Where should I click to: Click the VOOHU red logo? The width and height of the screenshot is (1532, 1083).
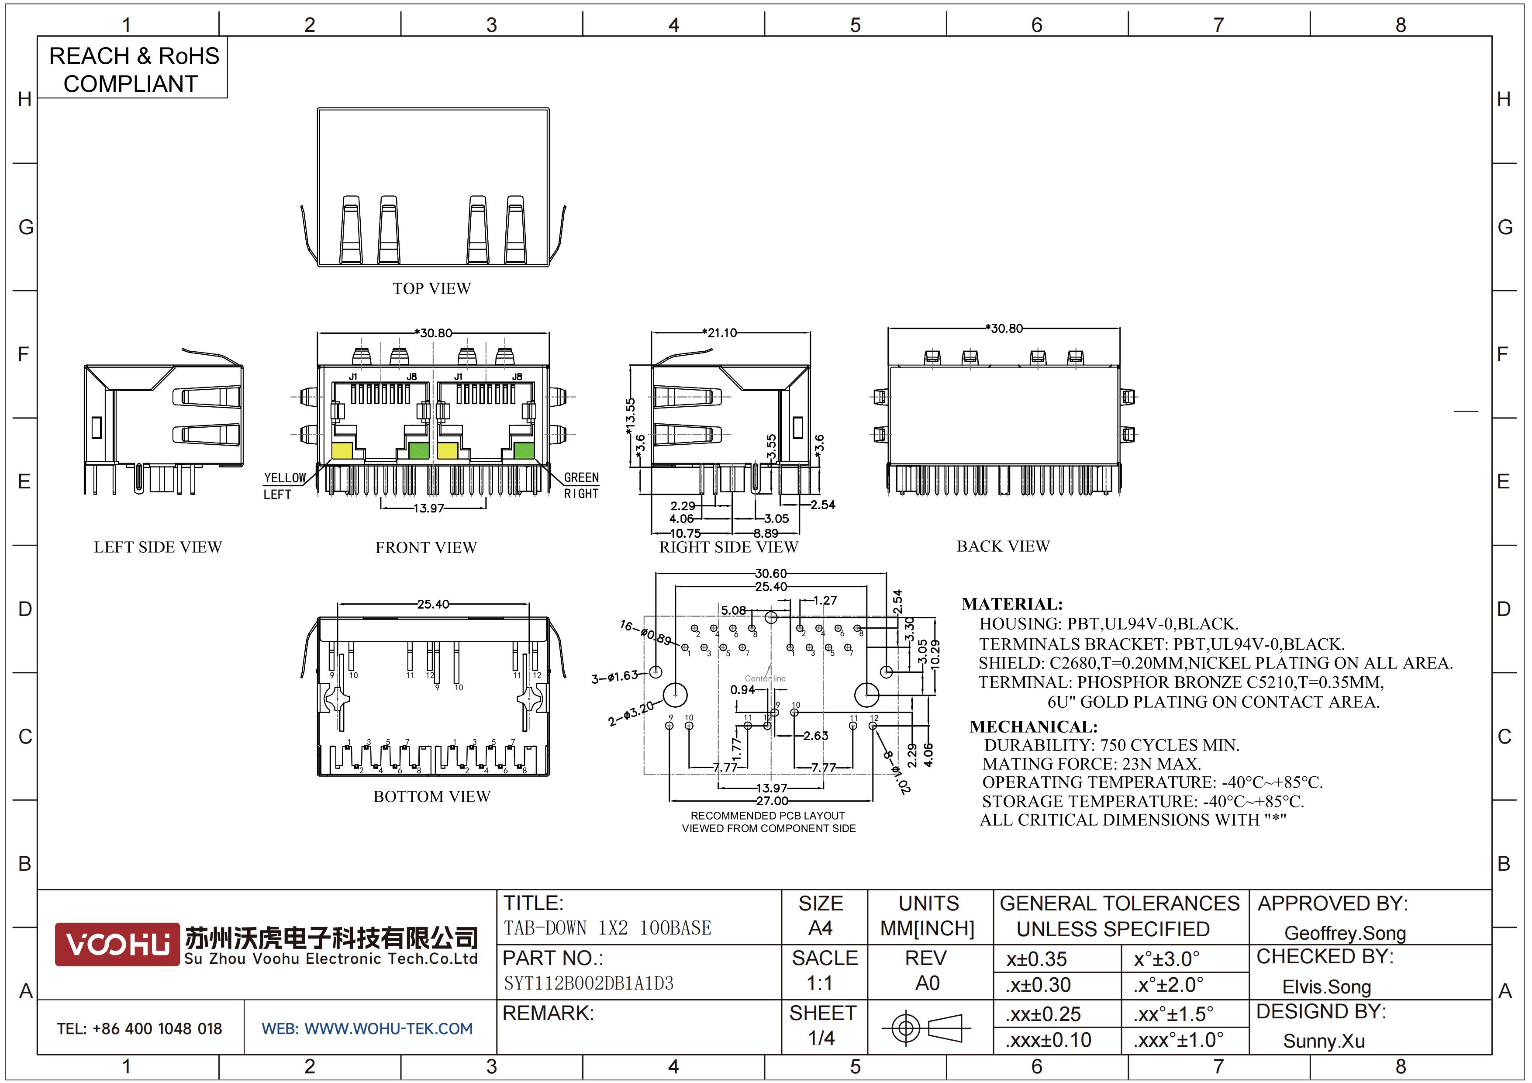pyautogui.click(x=117, y=944)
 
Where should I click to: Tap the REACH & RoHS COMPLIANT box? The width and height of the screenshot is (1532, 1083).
pyautogui.click(x=132, y=69)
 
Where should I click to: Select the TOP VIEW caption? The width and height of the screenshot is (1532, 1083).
pyautogui.click(x=432, y=288)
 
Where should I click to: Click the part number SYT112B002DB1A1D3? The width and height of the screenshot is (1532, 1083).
pyautogui.click(x=589, y=983)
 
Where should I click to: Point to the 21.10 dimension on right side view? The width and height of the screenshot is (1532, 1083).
pyautogui.click(x=721, y=332)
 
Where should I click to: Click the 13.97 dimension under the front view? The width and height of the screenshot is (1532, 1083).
pyautogui.click(x=428, y=508)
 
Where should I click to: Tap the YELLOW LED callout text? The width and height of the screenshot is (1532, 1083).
pyautogui.click(x=284, y=478)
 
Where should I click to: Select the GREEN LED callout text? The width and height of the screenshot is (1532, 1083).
pyautogui.click(x=581, y=477)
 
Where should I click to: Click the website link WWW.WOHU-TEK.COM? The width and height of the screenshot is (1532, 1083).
pyautogui.click(x=388, y=1028)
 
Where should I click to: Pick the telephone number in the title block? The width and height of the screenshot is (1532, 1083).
pyautogui.click(x=139, y=1028)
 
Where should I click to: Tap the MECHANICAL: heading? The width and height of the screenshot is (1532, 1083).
pyautogui.click(x=1034, y=727)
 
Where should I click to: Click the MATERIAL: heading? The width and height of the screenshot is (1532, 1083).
pyautogui.click(x=1012, y=604)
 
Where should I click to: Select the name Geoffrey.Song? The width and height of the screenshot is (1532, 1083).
pyautogui.click(x=1345, y=933)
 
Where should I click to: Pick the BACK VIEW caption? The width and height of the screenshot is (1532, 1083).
pyautogui.click(x=1003, y=546)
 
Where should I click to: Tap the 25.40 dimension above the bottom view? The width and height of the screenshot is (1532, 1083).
pyautogui.click(x=433, y=604)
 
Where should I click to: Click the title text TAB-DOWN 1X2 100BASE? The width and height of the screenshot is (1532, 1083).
pyautogui.click(x=607, y=927)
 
